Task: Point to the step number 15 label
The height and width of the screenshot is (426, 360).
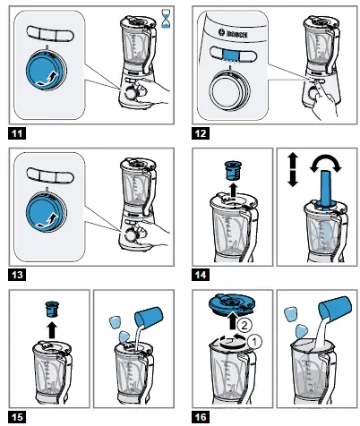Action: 16,416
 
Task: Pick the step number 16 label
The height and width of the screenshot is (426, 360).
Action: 204,416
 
